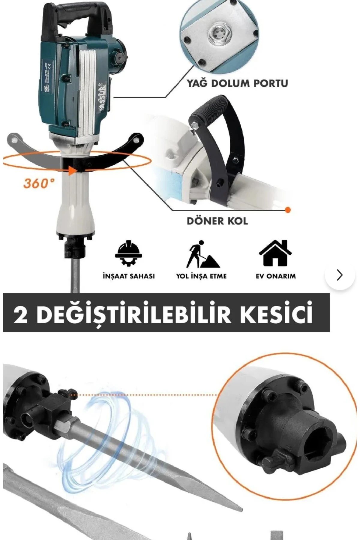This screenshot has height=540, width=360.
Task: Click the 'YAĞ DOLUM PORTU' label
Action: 237,83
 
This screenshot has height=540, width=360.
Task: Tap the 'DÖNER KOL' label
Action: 217,221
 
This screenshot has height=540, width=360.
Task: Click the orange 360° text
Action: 39,183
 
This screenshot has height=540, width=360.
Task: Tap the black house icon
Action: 275,253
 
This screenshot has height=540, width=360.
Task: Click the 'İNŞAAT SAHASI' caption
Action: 129,276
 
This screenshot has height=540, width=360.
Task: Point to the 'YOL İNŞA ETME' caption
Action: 201,276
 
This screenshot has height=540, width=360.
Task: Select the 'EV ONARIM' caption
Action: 275,276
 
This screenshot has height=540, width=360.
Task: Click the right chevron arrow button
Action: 340,275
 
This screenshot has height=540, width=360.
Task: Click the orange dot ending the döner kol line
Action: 288,210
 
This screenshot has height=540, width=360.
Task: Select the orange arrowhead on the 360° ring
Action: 72,171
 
